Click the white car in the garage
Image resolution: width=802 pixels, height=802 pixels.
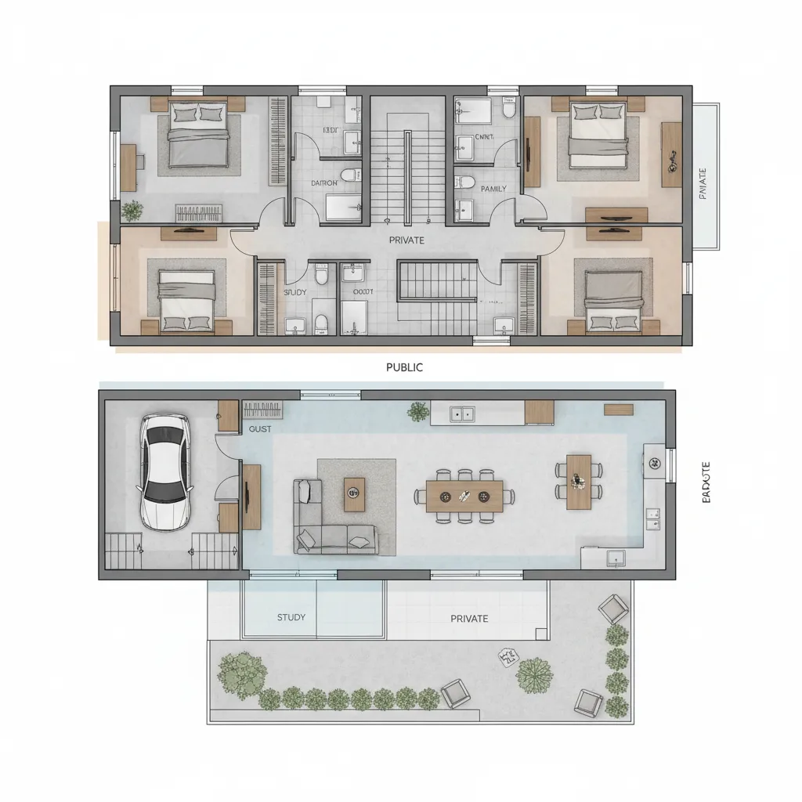[165, 471]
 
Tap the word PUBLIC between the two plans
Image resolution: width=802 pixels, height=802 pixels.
[405, 367]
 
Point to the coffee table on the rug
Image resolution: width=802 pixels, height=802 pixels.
[354, 493]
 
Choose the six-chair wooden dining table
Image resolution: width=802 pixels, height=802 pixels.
[464, 496]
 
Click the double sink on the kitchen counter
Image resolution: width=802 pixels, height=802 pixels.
[462, 413]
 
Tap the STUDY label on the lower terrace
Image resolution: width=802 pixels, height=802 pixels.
[291, 617]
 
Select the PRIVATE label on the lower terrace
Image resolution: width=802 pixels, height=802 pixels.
[469, 619]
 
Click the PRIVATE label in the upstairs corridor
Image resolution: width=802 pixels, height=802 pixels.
[406, 240]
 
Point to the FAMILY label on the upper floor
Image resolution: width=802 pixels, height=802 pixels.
[493, 189]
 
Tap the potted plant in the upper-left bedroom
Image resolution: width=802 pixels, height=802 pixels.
[133, 210]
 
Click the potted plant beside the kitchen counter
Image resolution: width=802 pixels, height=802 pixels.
[418, 410]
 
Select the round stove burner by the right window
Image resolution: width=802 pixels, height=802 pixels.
[652, 464]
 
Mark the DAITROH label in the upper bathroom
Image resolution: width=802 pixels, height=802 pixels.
[324, 182]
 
